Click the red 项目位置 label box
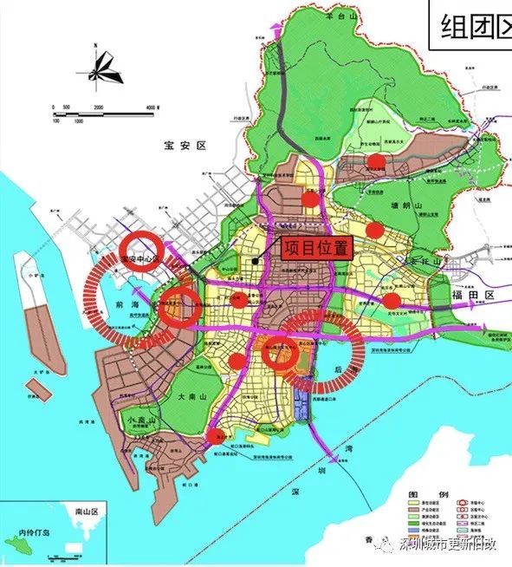click(x=316, y=247)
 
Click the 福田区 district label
click(x=476, y=296)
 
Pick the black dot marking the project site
click(x=255, y=260)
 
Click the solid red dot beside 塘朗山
click(x=374, y=230)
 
